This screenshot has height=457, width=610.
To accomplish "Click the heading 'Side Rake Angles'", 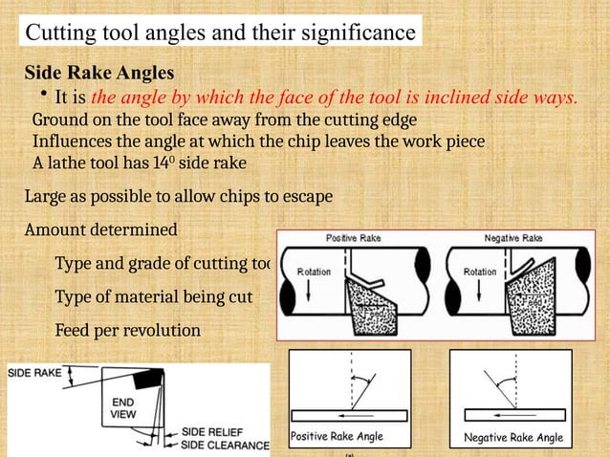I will tap(98, 74).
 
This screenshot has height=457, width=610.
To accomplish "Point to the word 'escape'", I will tap(305, 197).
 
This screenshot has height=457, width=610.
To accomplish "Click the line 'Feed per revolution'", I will tap(127, 330).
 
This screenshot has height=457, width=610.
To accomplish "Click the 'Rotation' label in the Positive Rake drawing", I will tap(314, 272).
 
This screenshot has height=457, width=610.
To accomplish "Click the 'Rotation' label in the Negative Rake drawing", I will tap(480, 272).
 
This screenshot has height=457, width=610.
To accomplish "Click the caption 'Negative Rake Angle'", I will tap(513, 438).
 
